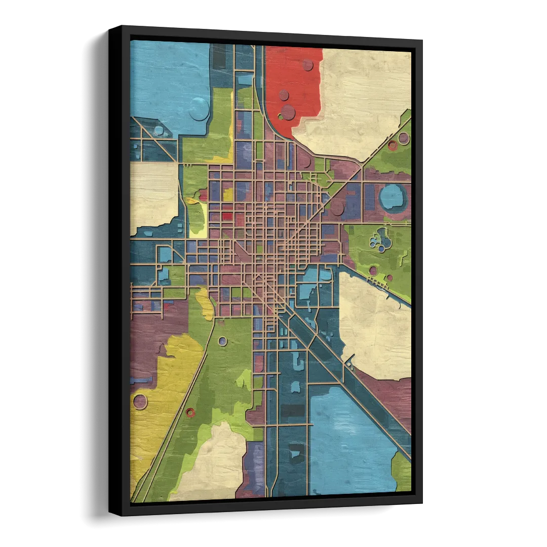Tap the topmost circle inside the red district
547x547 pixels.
(307, 65)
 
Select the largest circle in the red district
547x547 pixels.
(288, 112)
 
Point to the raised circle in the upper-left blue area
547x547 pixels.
(199, 109)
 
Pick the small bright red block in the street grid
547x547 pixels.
(227, 216)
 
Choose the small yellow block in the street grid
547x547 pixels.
(228, 194)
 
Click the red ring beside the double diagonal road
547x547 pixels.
(190, 412)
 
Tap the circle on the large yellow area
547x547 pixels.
(140, 402)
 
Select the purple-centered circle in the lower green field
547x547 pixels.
(222, 341)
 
